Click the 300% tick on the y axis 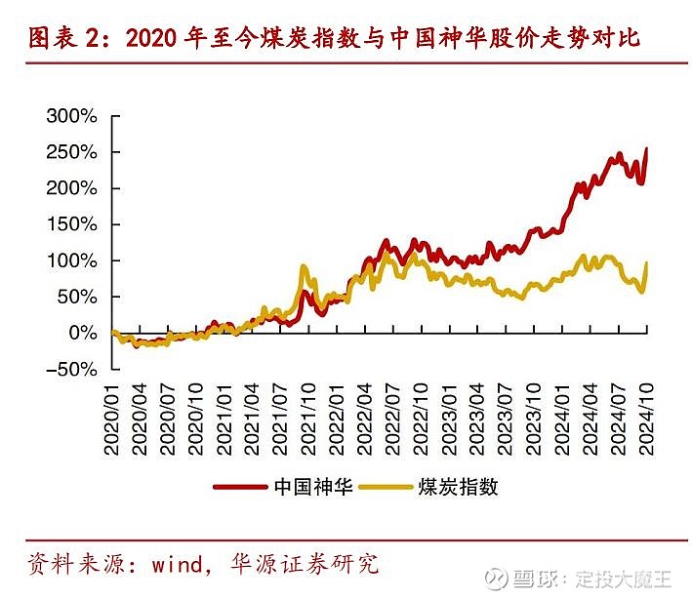click(72, 116)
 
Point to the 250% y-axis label click(72, 152)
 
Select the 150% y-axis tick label click(72, 224)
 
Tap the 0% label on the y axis click(82, 333)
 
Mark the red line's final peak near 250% click(646, 149)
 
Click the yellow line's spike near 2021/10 click(304, 266)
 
